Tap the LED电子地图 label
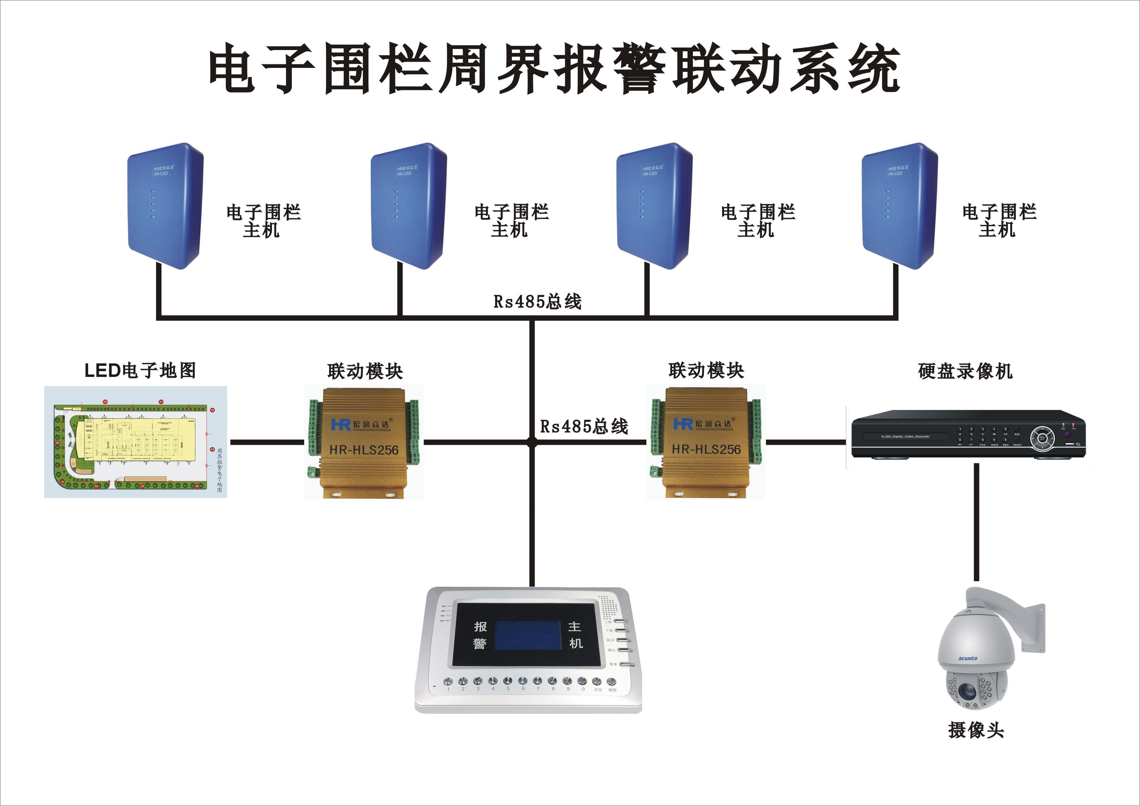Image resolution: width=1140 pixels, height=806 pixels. (x=140, y=370)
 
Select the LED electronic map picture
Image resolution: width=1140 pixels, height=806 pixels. (x=136, y=442)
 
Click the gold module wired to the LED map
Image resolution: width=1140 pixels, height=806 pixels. (x=363, y=442)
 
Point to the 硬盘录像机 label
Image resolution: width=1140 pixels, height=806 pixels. (x=965, y=371)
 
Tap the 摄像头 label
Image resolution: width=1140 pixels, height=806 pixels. (x=976, y=730)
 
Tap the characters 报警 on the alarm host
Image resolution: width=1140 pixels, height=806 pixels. (x=480, y=635)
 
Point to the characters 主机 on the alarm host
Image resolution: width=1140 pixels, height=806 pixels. (x=575, y=635)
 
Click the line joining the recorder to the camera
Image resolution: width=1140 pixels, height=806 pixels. (x=976, y=521)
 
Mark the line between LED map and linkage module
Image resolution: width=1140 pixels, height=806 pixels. (x=266, y=442)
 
